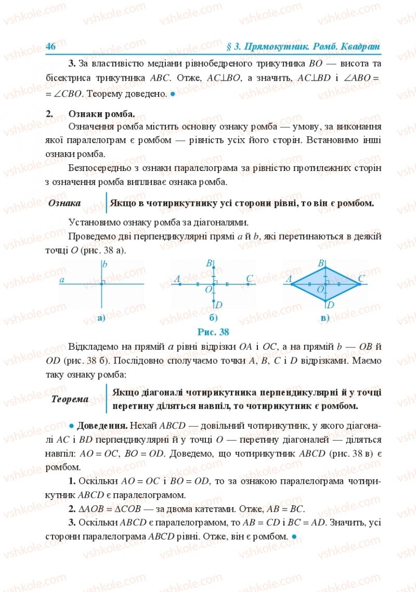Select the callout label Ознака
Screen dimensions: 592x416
[64, 203]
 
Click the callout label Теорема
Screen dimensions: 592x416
[70, 399]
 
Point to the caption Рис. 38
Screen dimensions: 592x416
[213, 332]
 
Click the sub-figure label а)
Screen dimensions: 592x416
[101, 318]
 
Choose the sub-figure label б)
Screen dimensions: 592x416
[213, 318]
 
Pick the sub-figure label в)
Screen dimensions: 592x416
[326, 318]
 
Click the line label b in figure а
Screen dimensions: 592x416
[105, 265]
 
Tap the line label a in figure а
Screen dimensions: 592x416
[62, 280]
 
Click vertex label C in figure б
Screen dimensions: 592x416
[250, 279]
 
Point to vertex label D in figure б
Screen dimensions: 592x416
[219, 305]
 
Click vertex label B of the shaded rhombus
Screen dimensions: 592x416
[321, 264]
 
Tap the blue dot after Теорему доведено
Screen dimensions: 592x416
[173, 94]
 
